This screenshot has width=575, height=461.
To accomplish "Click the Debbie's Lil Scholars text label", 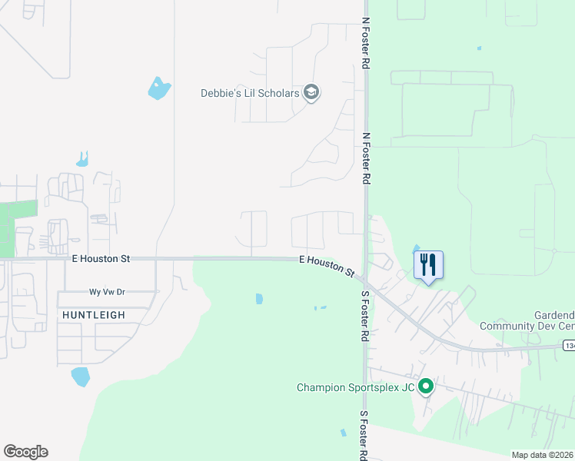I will (x=250, y=93).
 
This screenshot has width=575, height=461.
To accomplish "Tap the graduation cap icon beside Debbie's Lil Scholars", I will (x=311, y=93).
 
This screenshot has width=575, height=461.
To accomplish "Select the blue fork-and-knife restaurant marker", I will (x=428, y=266).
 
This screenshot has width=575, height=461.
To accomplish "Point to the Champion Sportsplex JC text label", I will (x=355, y=387).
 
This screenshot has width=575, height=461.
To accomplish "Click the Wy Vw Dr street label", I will (x=107, y=293).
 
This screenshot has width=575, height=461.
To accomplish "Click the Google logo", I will (x=25, y=452).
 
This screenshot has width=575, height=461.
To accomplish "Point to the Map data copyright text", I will (x=543, y=455).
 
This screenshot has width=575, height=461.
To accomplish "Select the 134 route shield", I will (x=568, y=347).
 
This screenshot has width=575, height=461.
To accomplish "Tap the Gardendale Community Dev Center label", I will (x=527, y=321).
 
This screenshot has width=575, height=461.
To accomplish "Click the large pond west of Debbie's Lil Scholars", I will (x=159, y=88).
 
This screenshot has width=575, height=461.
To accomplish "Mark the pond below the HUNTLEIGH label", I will (x=80, y=376).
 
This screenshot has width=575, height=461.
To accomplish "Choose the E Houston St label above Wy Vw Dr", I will (x=101, y=260).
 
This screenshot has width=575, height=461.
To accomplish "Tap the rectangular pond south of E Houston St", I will (x=259, y=298).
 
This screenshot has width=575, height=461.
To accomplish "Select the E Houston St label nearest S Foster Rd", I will (x=326, y=267).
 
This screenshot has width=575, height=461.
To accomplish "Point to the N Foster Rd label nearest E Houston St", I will (x=367, y=158).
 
